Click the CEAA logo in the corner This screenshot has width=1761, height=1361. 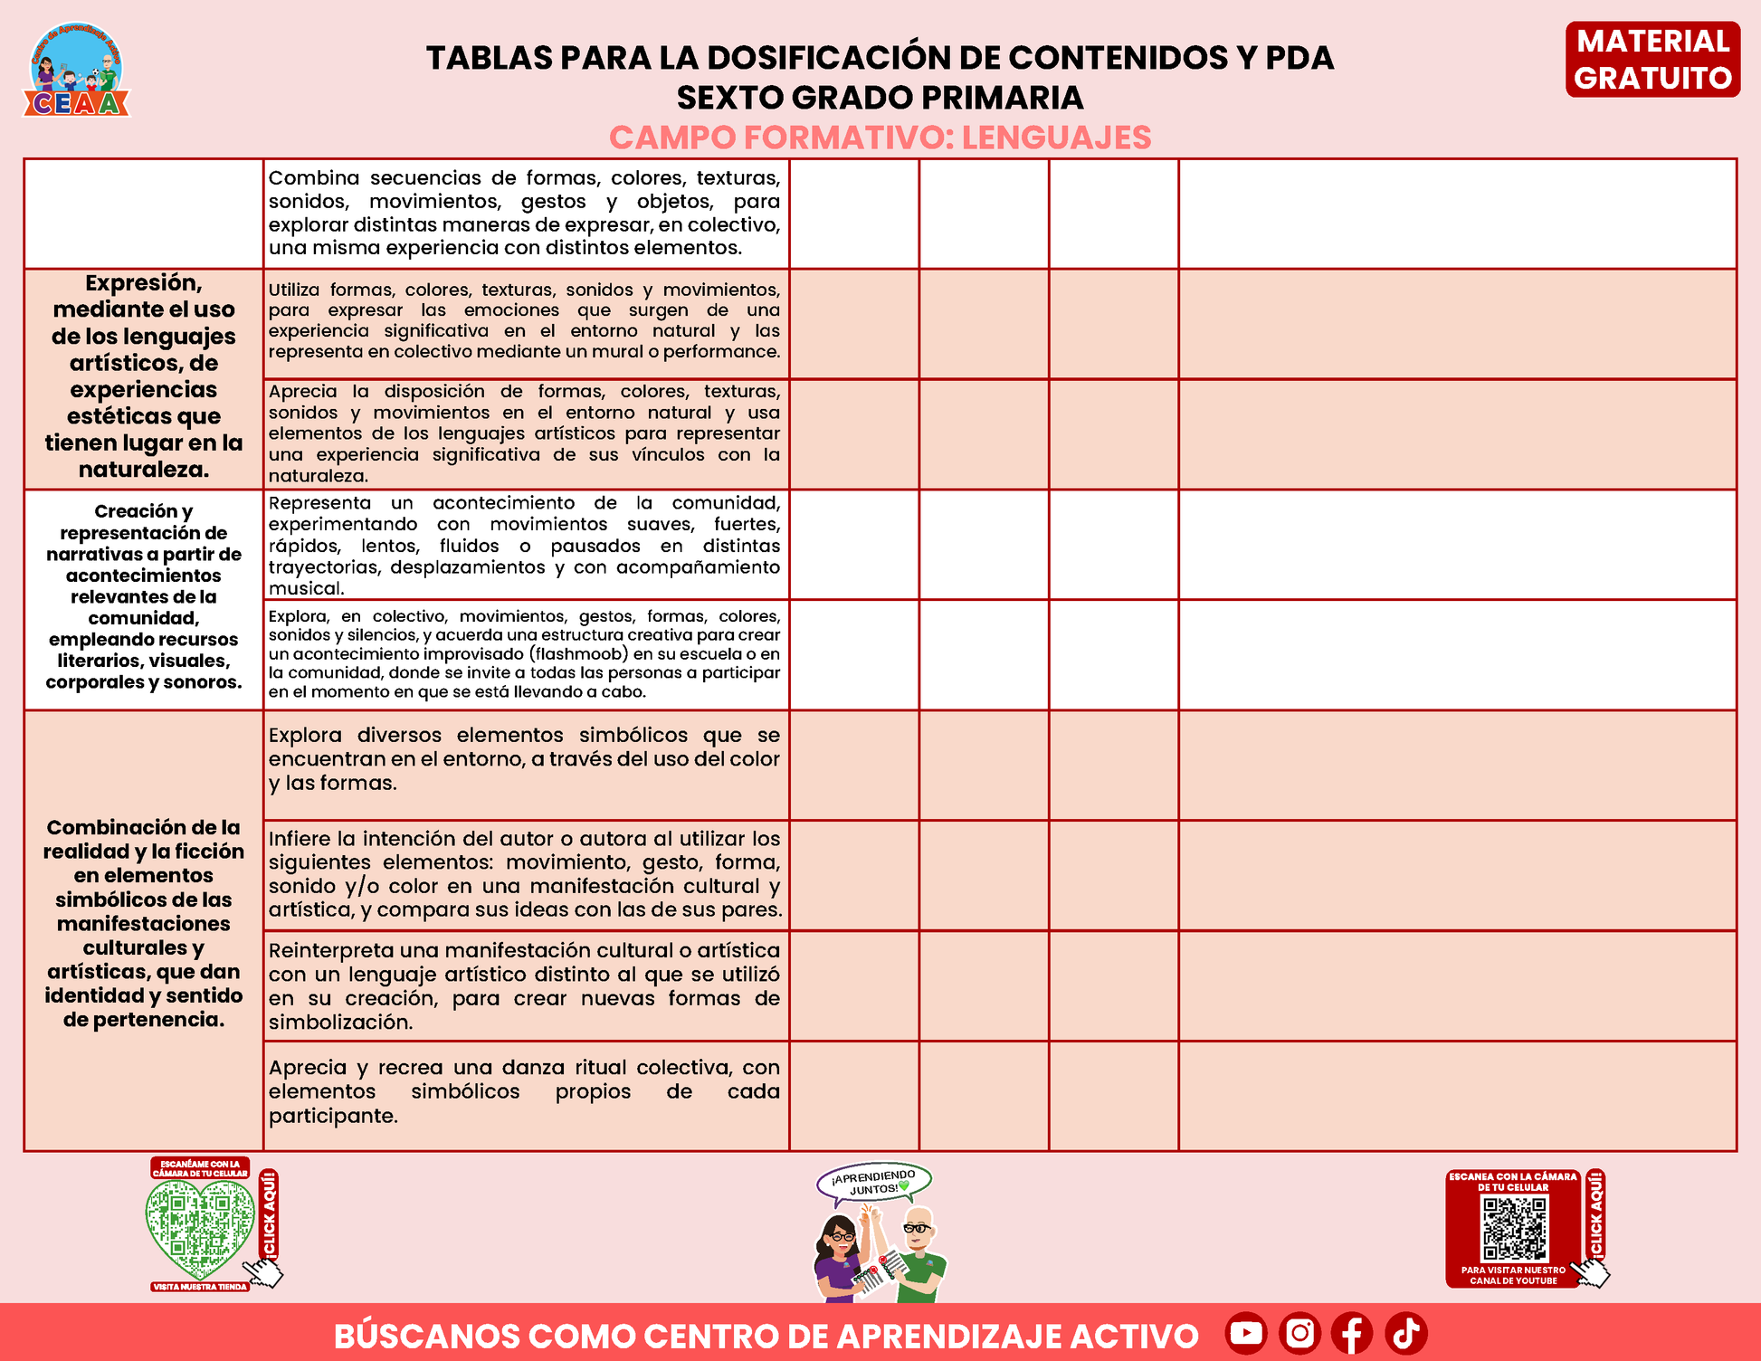[x=77, y=71]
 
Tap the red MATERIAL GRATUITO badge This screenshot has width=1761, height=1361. [x=1652, y=60]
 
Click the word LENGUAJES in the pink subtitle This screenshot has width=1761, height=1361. [x=1056, y=138]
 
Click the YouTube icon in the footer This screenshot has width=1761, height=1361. [x=1246, y=1333]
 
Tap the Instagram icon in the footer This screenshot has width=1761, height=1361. [x=1299, y=1333]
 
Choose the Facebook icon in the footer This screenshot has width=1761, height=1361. [x=1352, y=1333]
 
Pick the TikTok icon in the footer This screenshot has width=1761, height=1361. [x=1405, y=1333]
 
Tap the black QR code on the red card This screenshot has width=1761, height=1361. [x=1514, y=1229]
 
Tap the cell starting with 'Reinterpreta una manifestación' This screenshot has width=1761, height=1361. [x=525, y=985]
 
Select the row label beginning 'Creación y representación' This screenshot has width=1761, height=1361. [x=144, y=596]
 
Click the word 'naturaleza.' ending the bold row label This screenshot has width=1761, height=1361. [x=144, y=470]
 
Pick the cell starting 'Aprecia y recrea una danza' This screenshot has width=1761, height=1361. [x=525, y=1091]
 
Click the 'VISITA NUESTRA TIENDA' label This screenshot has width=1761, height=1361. [x=200, y=1287]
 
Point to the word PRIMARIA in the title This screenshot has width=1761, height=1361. [x=1009, y=98]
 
